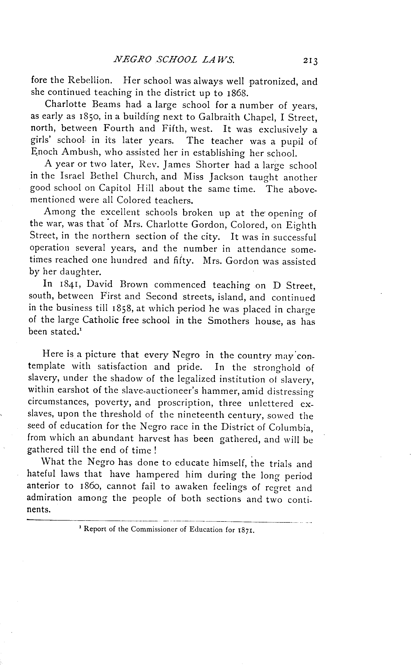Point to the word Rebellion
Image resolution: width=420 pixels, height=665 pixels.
90,81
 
